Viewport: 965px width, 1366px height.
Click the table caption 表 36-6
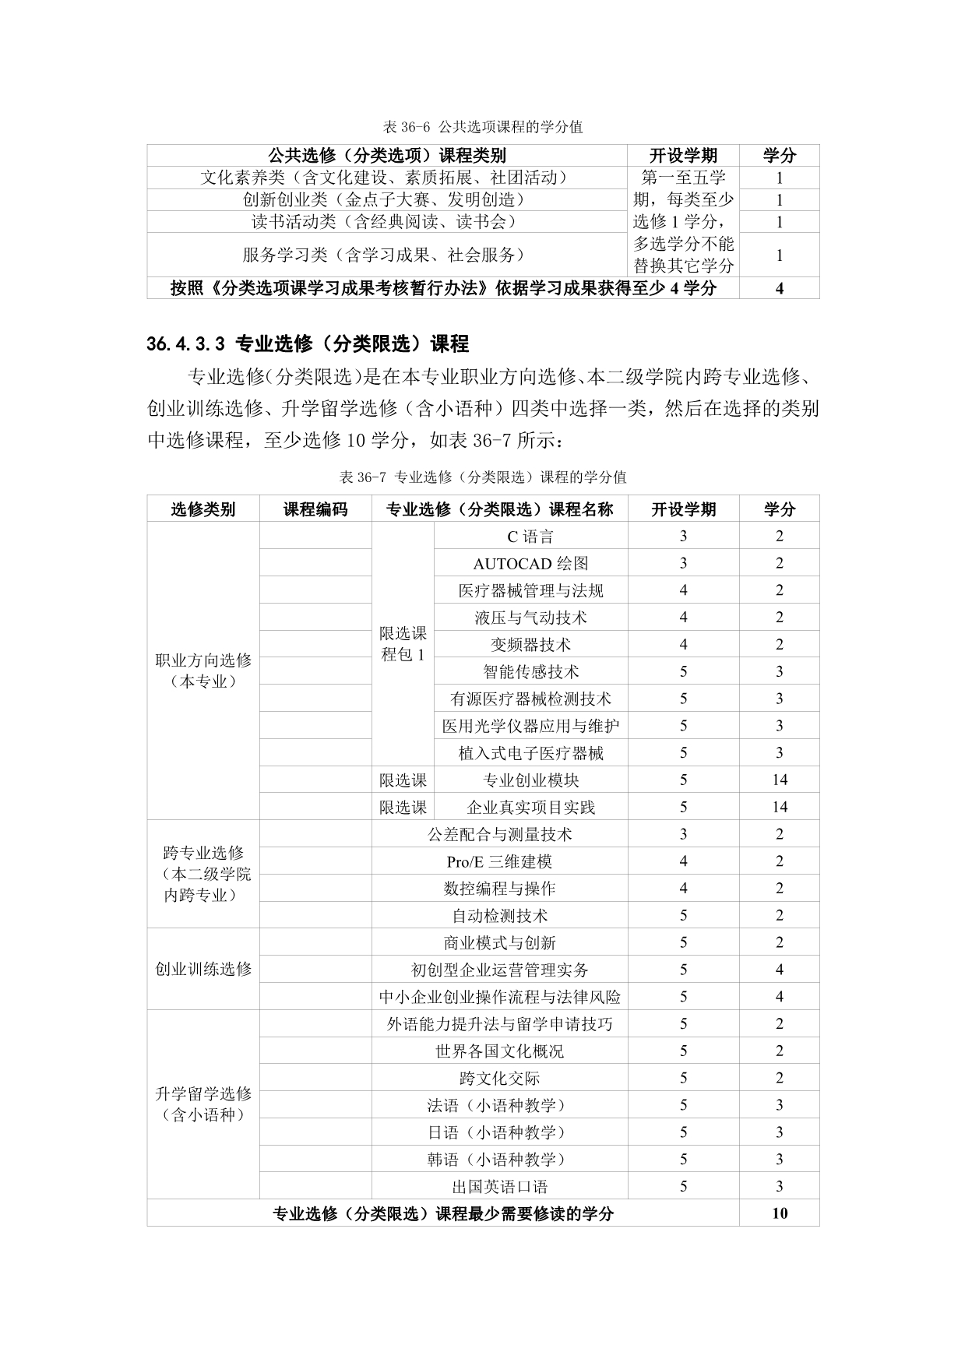(x=483, y=126)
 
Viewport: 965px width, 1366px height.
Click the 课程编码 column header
(x=315, y=509)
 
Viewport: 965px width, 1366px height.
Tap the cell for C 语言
(x=530, y=537)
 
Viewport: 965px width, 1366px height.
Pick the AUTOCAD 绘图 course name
(x=530, y=564)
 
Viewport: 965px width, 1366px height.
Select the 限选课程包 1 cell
(x=403, y=644)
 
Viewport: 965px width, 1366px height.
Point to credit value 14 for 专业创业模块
(x=779, y=780)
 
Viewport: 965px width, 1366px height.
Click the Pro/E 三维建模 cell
(x=499, y=861)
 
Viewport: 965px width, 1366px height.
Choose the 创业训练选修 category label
(x=203, y=970)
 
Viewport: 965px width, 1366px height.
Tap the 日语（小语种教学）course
(x=499, y=1132)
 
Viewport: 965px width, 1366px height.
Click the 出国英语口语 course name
(x=499, y=1187)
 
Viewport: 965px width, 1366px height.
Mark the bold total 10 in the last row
(x=779, y=1213)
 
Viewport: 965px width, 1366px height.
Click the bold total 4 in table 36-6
(x=779, y=288)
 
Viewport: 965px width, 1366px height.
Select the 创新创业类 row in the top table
(x=387, y=200)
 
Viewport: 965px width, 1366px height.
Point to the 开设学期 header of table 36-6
(x=683, y=155)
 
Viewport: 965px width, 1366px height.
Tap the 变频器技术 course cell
(x=530, y=645)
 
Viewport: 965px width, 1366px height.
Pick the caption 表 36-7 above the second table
(x=483, y=477)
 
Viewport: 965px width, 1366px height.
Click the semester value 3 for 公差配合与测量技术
(x=683, y=834)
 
